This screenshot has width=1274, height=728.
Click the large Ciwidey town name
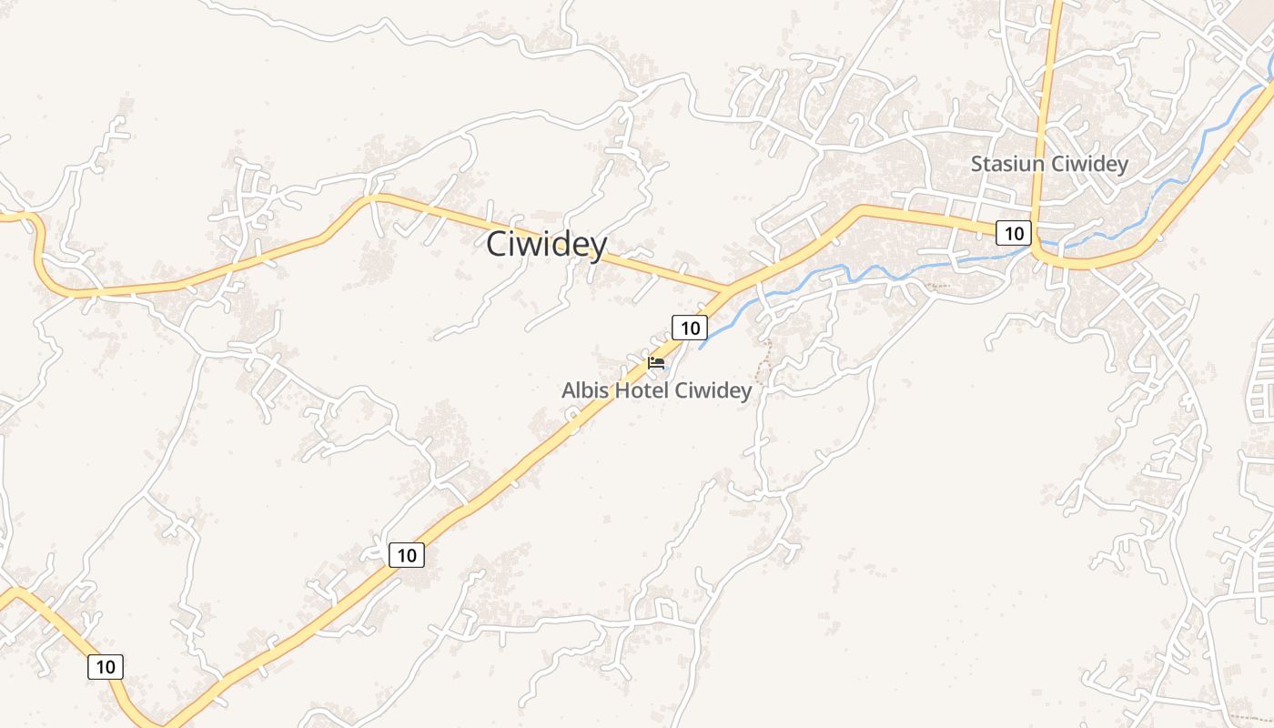(x=546, y=245)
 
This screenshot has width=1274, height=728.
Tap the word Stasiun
(x=1007, y=165)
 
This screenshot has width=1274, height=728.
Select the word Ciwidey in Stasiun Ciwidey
(x=1090, y=165)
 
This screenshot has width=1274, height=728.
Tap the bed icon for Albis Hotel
(x=655, y=362)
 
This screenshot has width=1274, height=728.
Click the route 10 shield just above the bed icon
(x=690, y=328)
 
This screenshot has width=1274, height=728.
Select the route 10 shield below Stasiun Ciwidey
(x=1013, y=234)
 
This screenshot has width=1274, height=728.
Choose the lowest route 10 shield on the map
(x=106, y=667)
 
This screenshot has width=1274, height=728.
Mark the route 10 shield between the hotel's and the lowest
(x=407, y=554)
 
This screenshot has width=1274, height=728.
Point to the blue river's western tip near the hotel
(x=701, y=348)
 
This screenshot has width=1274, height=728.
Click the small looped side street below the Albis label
(x=573, y=419)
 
